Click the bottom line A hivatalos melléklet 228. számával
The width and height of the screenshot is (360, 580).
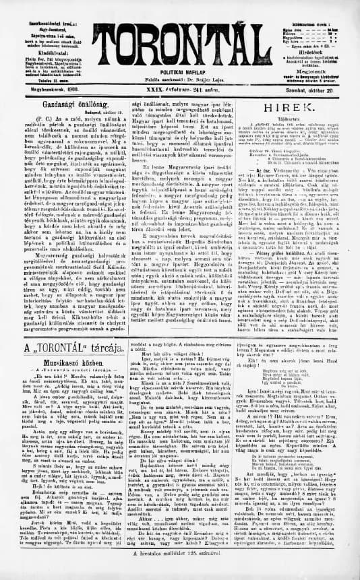(x=179, y=573)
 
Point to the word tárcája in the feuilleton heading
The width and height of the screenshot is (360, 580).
(x=102, y=348)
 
